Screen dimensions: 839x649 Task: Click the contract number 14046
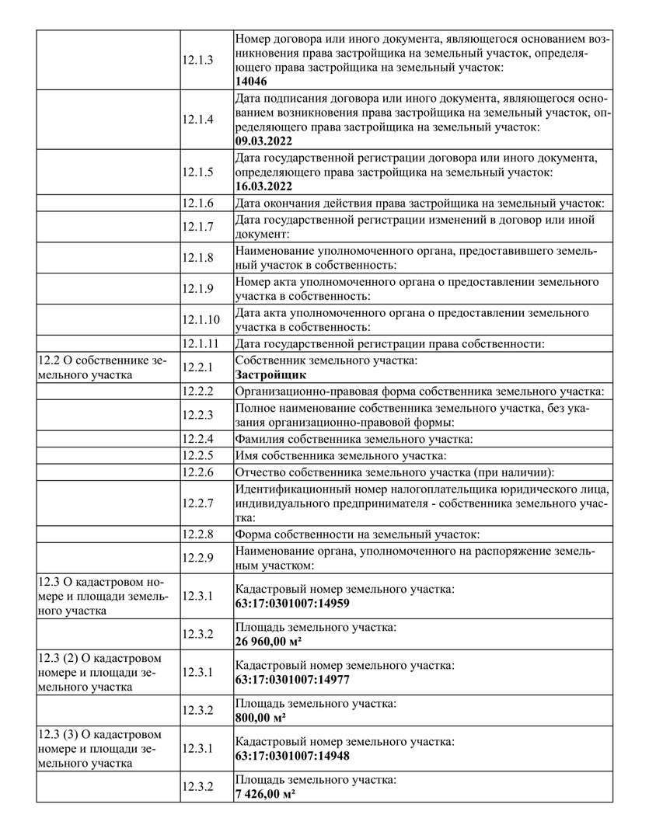pyautogui.click(x=251, y=81)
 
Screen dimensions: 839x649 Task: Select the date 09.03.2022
pyautogui.click(x=264, y=141)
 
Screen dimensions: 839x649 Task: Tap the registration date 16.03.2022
pyautogui.click(x=264, y=186)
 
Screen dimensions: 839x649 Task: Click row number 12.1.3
pyautogui.click(x=198, y=59)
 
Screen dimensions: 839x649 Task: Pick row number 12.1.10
pyautogui.click(x=201, y=319)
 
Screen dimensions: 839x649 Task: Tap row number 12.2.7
pyautogui.click(x=198, y=503)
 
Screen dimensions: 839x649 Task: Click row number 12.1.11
pyautogui.click(x=201, y=343)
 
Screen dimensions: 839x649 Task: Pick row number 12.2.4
pyautogui.click(x=198, y=439)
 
